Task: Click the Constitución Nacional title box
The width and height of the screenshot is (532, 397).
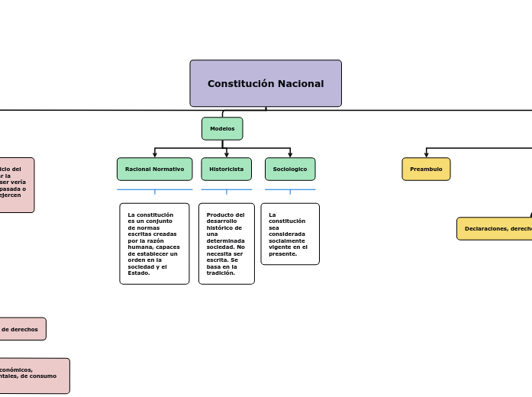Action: click(266, 83)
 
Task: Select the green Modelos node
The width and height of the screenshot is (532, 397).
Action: click(222, 128)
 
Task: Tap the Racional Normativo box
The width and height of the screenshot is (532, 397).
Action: click(154, 169)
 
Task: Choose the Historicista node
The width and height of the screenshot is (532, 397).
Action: click(226, 169)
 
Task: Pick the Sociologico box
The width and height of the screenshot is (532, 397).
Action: click(290, 169)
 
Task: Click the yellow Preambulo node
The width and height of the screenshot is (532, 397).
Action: click(426, 169)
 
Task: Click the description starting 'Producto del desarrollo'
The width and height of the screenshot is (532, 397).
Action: click(226, 244)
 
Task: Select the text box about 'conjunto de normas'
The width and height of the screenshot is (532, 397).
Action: click(154, 244)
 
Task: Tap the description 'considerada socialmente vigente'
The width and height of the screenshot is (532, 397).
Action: click(290, 234)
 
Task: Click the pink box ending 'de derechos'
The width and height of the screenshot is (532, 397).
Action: click(21, 329)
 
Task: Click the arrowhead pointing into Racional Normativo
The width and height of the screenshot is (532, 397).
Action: click(155, 155)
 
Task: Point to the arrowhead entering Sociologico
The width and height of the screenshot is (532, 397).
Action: click(290, 155)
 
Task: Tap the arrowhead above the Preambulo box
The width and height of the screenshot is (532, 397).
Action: click(426, 155)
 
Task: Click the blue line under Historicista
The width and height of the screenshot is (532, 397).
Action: click(226, 189)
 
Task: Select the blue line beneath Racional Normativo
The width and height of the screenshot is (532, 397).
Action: click(154, 189)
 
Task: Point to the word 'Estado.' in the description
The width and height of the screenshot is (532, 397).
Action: click(139, 273)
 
